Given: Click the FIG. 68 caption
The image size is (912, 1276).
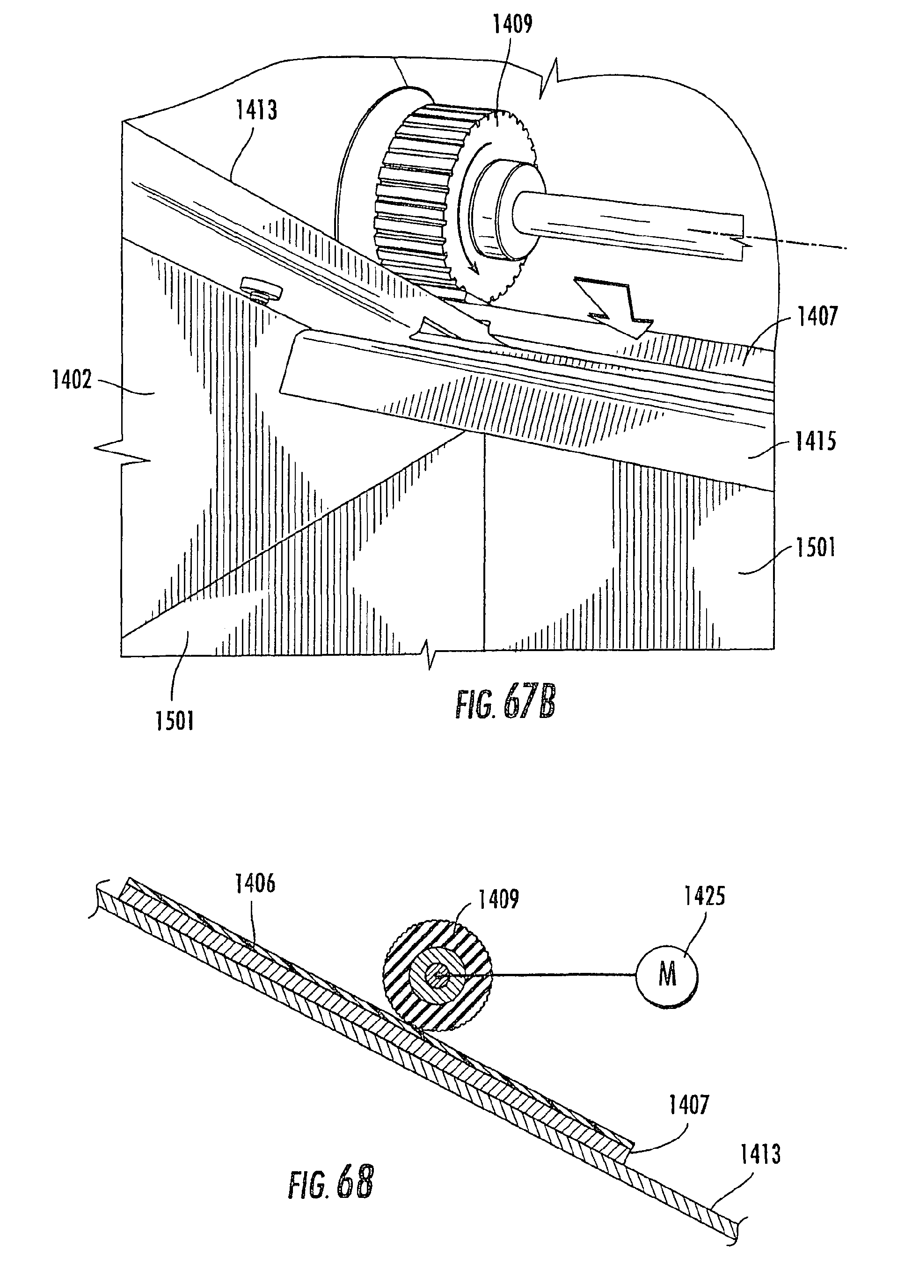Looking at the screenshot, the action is [331, 1183].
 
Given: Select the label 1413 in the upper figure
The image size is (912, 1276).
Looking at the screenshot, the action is [256, 110].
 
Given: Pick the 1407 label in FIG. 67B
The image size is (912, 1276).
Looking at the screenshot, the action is [817, 317].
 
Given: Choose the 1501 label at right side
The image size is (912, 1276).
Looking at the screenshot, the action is [816, 547].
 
